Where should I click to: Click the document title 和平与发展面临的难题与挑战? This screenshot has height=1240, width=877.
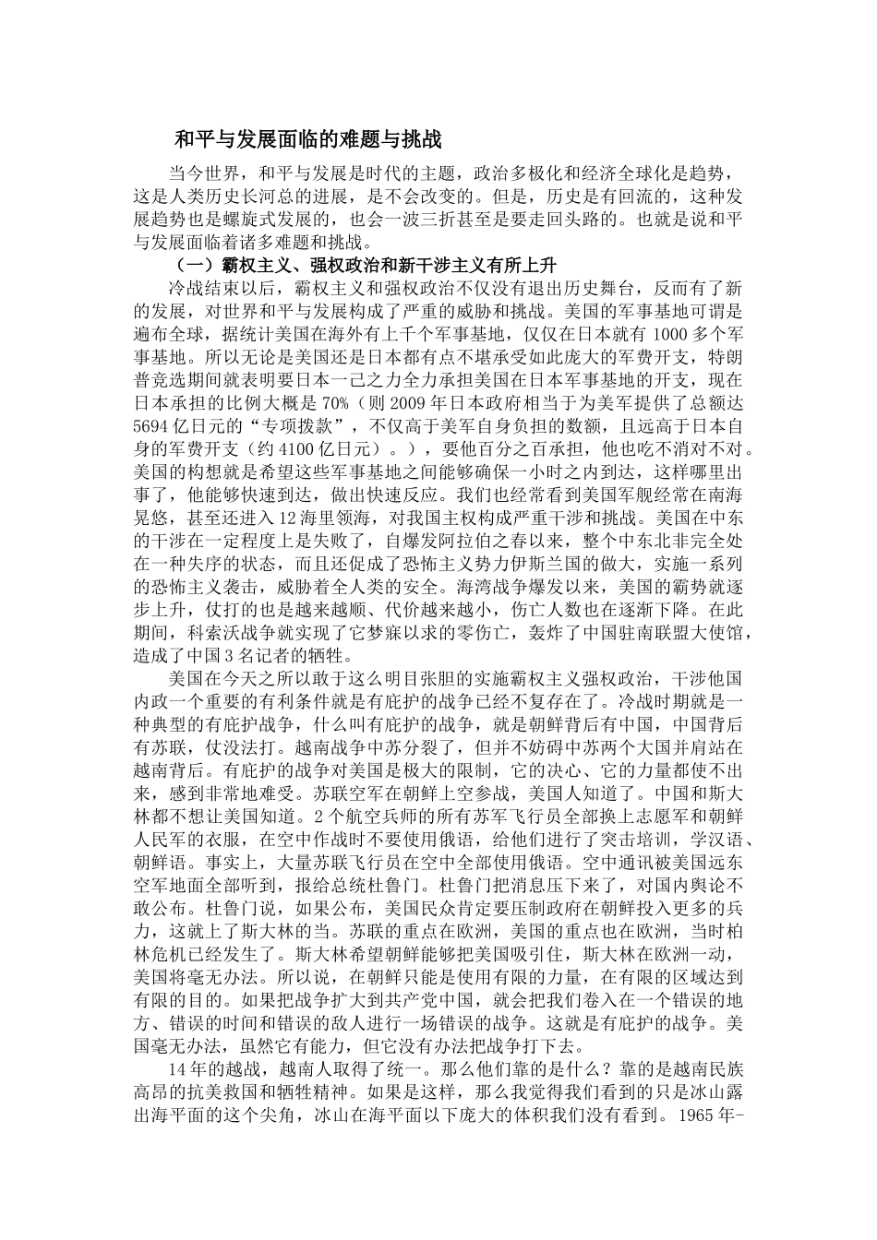[x=308, y=140]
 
